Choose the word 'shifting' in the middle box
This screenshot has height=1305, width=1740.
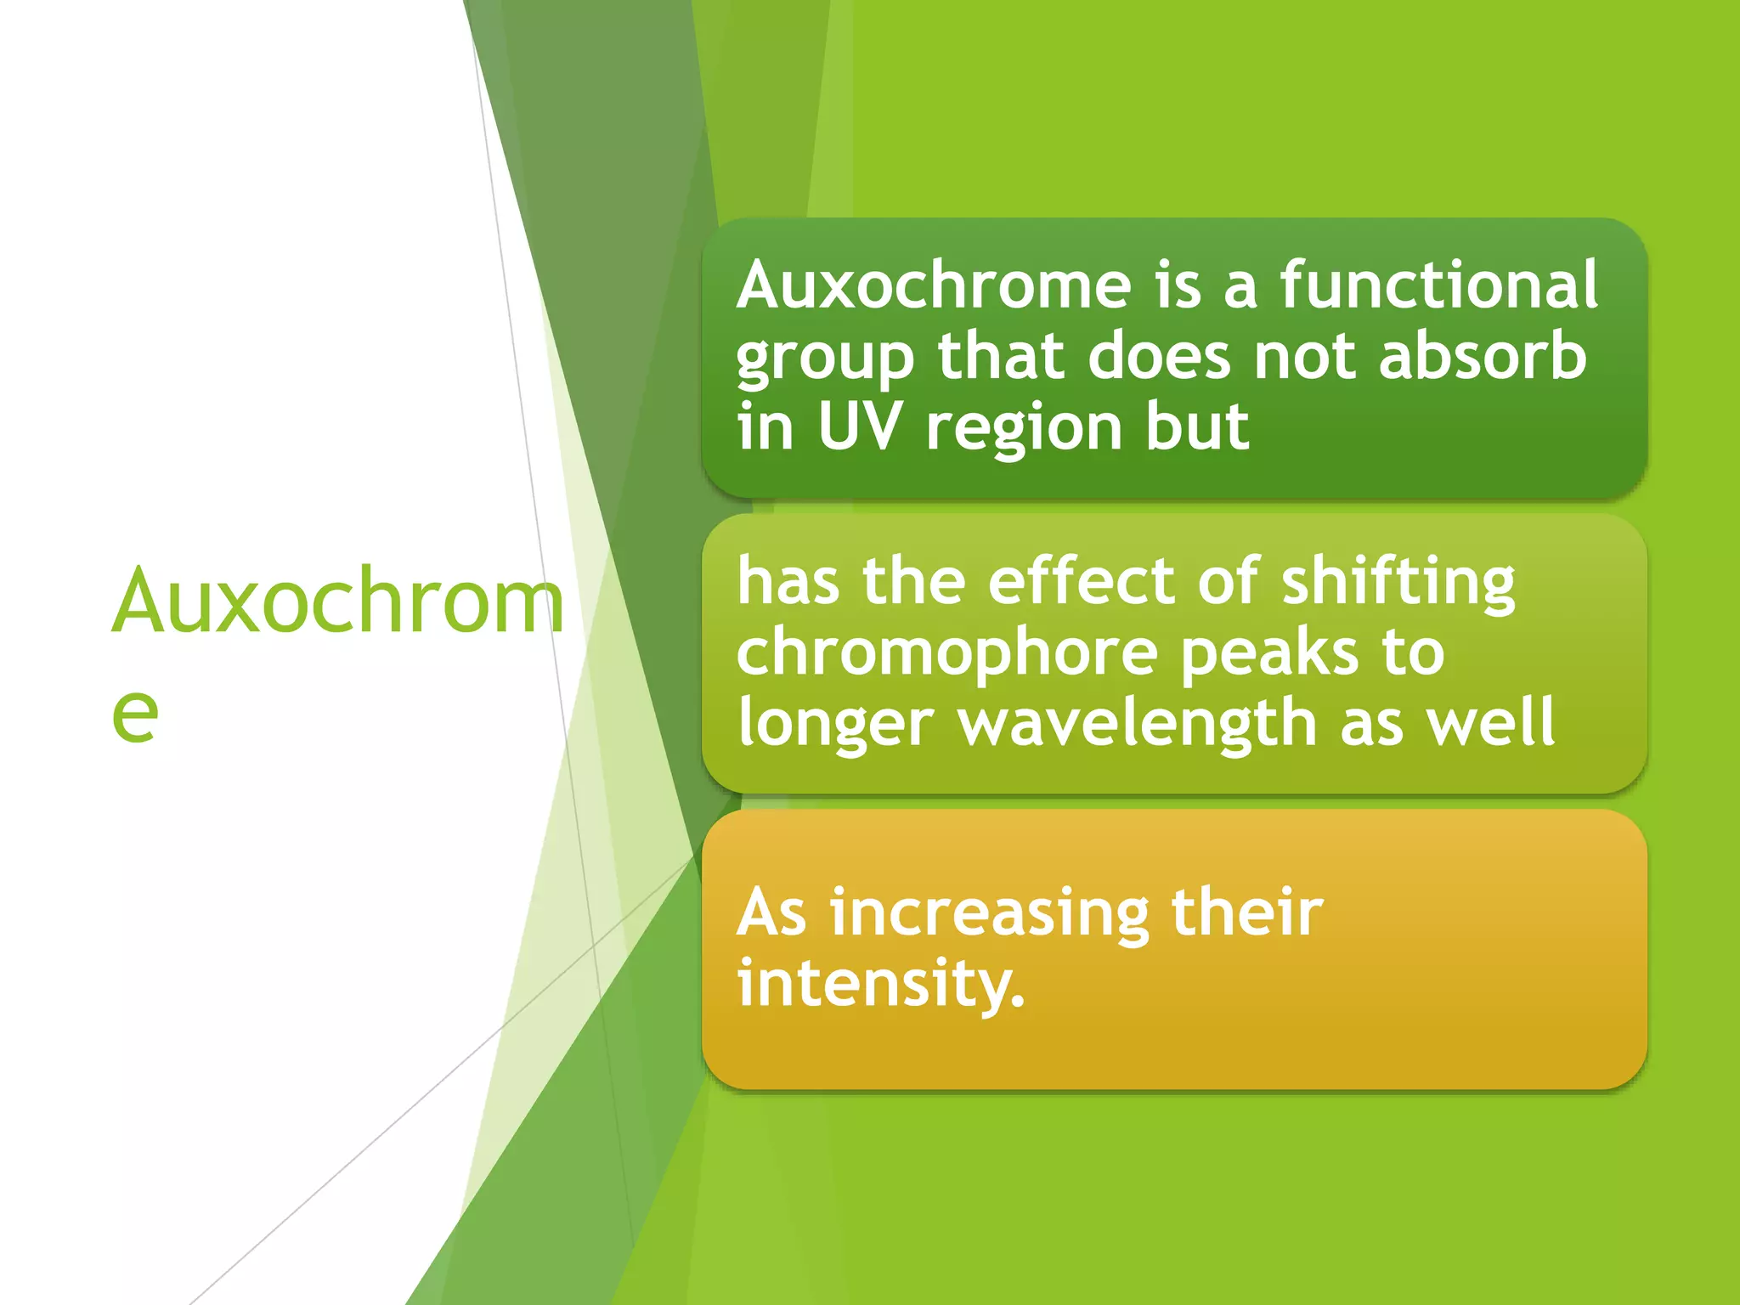click(x=1398, y=583)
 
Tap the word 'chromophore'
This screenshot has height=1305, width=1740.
click(x=947, y=654)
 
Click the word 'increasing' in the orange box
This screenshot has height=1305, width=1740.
click(x=990, y=913)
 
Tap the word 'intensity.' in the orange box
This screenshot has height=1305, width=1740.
click(x=881, y=984)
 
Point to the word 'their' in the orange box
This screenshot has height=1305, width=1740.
click(x=1246, y=912)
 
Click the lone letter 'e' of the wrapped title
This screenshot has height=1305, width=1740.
click(x=135, y=714)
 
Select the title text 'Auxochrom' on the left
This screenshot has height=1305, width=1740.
click(x=338, y=602)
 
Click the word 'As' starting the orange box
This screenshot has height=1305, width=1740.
click(x=771, y=913)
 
